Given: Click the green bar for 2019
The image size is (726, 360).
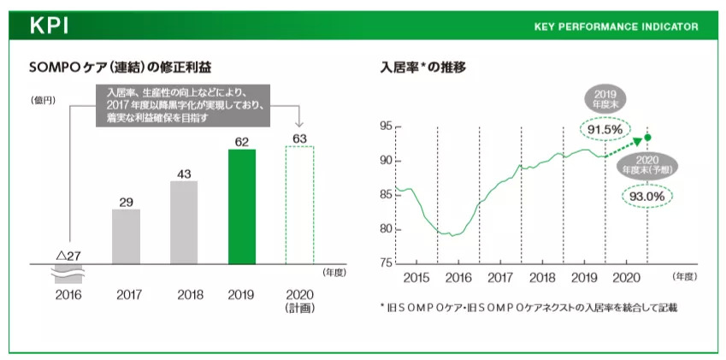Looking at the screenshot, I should coord(242,205).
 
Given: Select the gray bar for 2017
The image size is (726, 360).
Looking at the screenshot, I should coord(126,235).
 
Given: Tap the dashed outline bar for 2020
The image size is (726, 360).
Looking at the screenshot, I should coord(299,205).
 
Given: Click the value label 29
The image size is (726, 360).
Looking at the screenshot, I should coord(126,202).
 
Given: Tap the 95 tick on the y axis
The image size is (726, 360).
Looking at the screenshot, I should coord(385,127).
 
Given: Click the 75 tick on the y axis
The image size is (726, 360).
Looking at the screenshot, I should coord(385,263).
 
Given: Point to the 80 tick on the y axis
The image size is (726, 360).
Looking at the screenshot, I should coord(385,228).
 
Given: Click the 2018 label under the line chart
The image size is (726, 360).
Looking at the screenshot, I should coord(542,278).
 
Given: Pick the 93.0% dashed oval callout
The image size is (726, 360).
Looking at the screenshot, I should coord(647,196).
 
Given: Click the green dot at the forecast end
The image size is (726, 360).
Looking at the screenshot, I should coord(648,137).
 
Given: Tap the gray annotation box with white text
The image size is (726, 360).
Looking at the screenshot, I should coord(182,105).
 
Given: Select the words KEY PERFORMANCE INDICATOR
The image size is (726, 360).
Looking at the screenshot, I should coord(616,27).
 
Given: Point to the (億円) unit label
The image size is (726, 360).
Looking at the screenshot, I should coord(43,100).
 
